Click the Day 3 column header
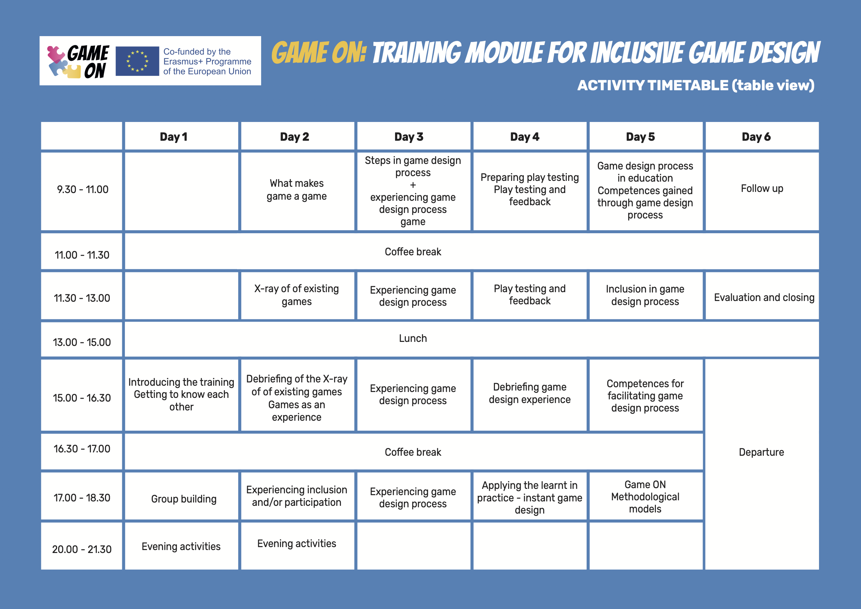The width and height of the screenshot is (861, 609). [413, 136]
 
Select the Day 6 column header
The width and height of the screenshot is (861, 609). [762, 136]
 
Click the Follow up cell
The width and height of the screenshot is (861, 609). [762, 191]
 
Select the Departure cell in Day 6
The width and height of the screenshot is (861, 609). [762, 464]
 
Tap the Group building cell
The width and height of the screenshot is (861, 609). [182, 496]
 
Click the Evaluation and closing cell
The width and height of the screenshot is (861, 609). [762, 296]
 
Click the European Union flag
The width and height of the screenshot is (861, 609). [137, 61]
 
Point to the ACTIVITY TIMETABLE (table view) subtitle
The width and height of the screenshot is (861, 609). [696, 85]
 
